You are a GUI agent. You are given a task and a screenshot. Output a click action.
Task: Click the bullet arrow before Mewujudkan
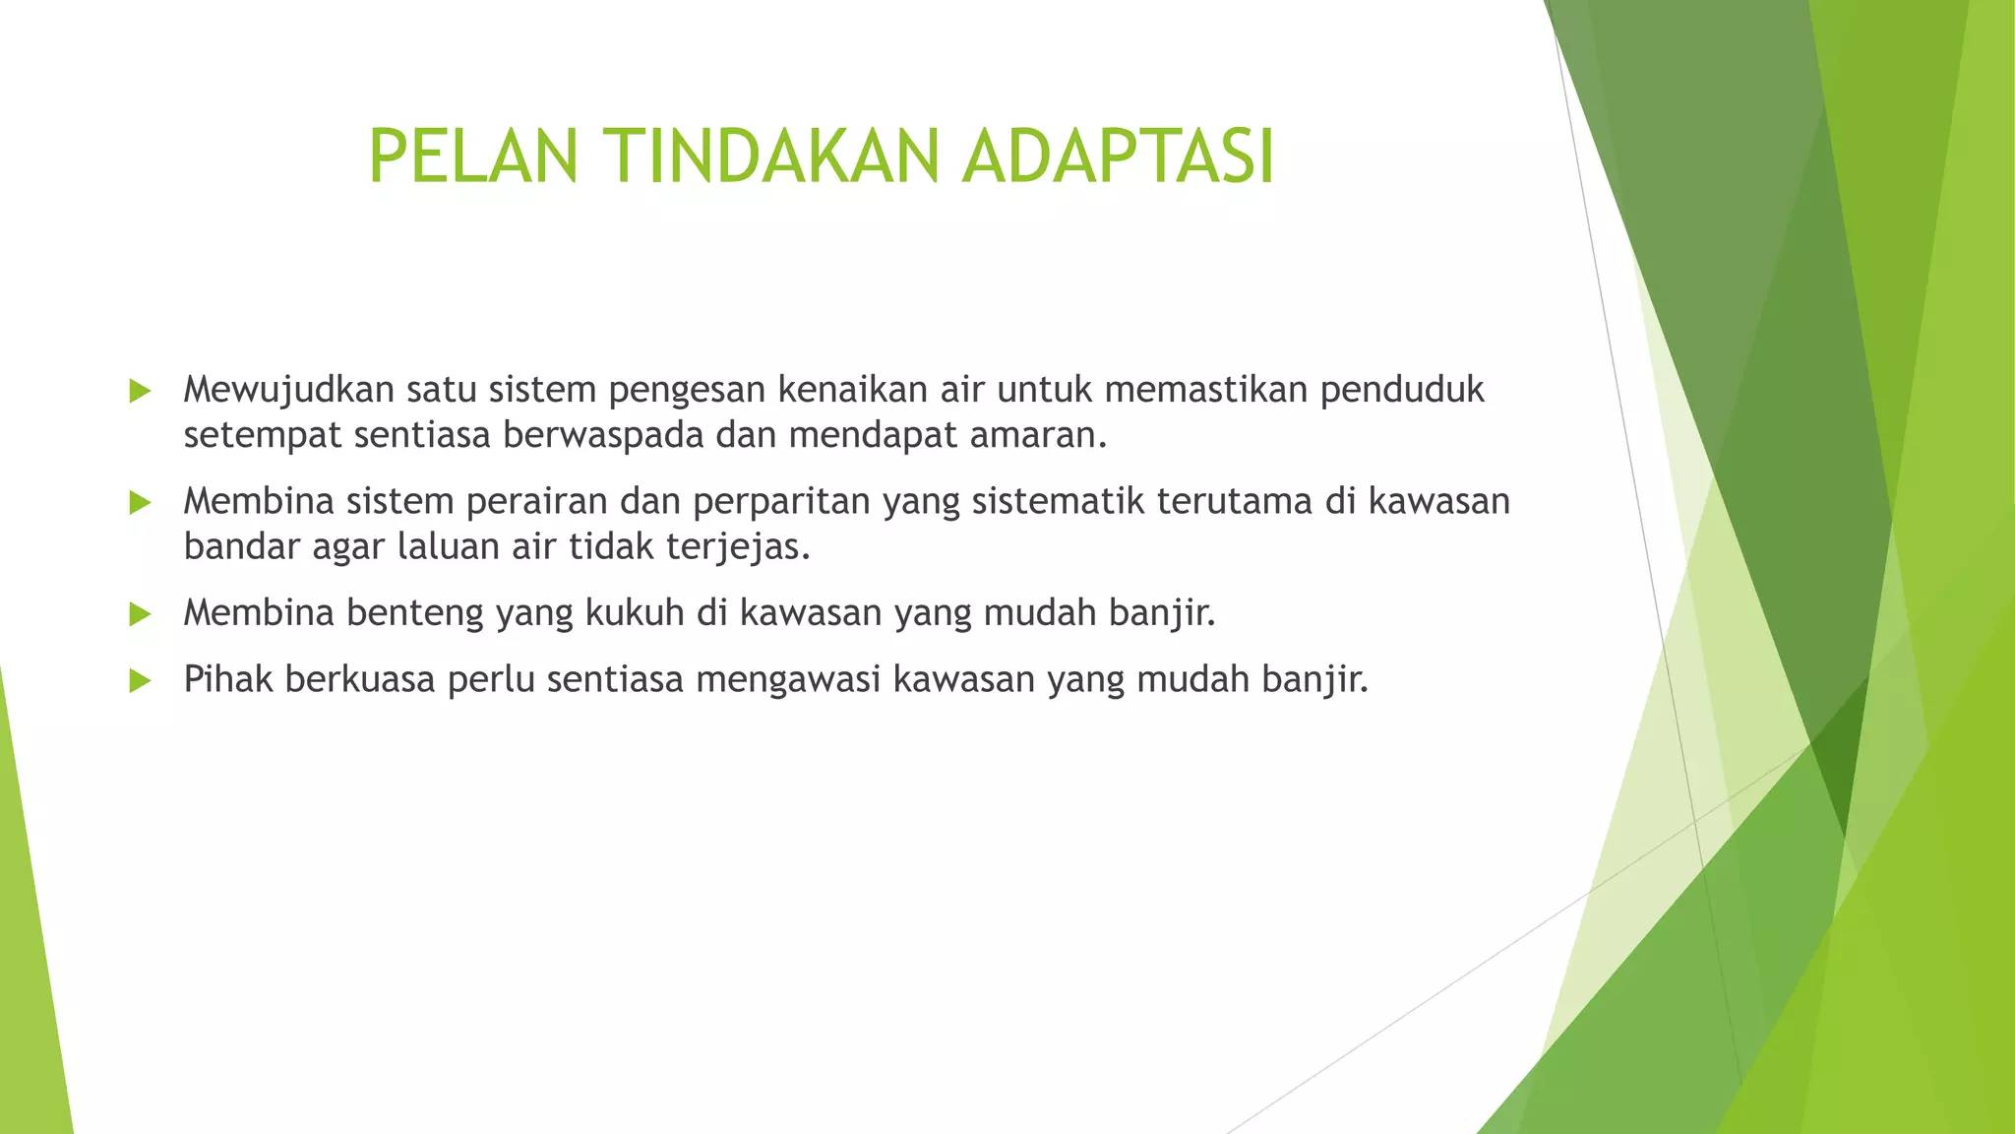coord(140,392)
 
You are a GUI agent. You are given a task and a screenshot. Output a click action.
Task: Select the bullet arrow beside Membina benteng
coord(140,615)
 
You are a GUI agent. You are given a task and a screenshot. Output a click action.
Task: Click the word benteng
coord(414,613)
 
